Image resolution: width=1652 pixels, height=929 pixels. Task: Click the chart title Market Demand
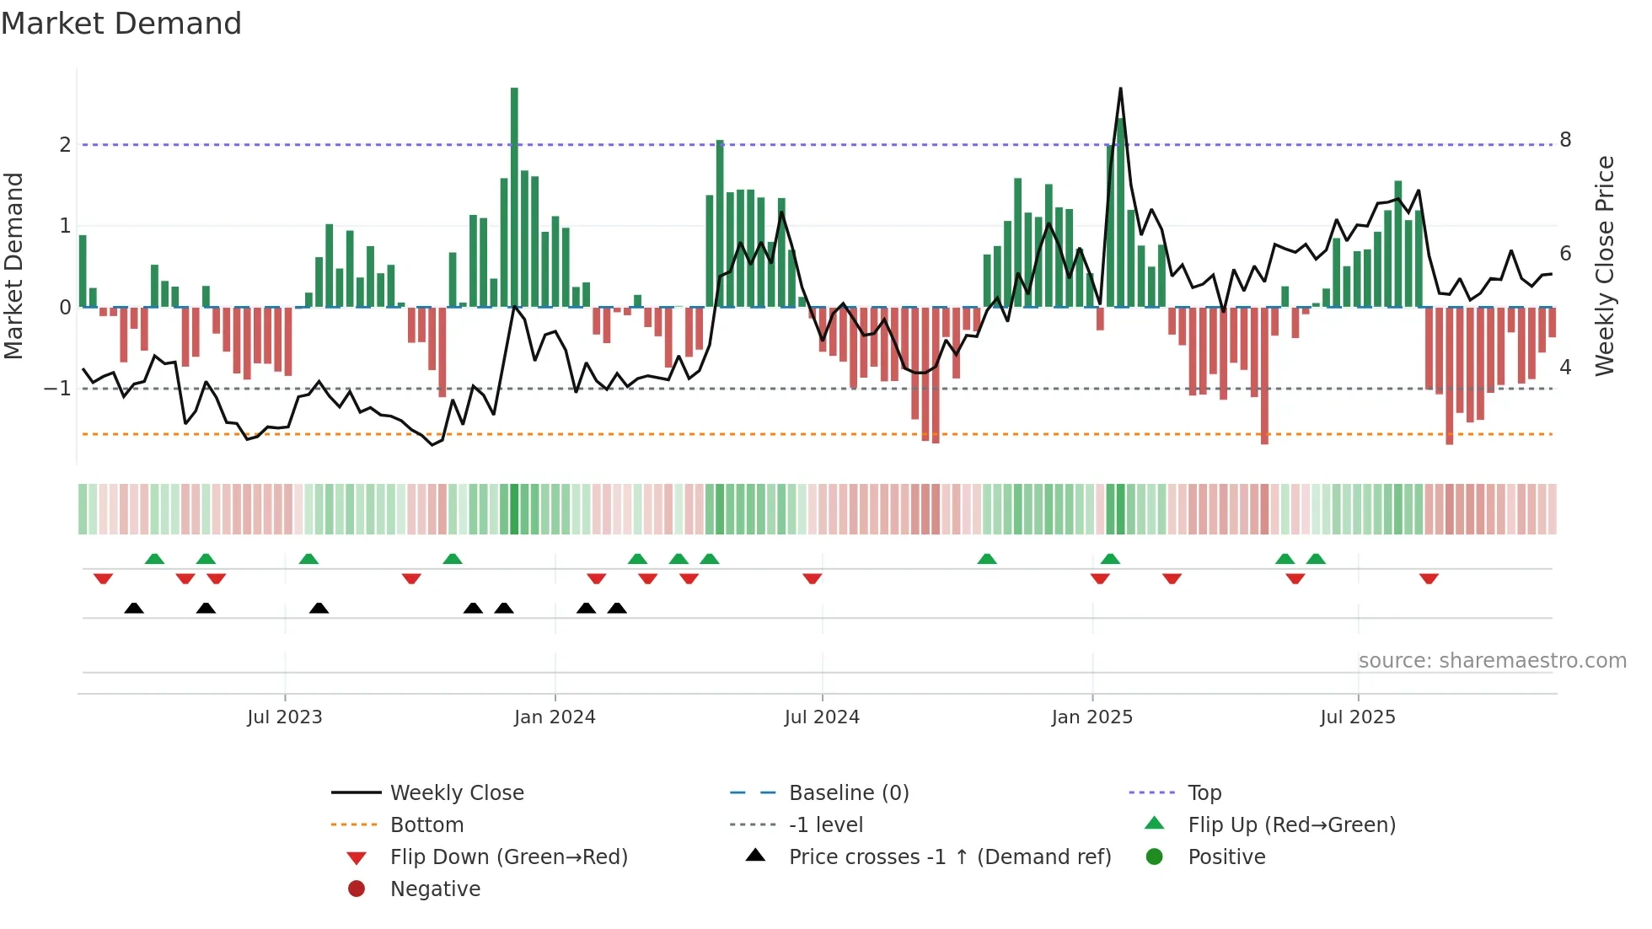coord(121,24)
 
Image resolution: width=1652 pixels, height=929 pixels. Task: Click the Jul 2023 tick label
coord(284,717)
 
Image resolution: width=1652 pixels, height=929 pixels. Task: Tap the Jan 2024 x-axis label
coord(555,717)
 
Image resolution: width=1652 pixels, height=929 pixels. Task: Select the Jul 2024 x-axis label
coord(822,717)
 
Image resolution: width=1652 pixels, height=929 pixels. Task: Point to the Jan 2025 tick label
coord(1091,717)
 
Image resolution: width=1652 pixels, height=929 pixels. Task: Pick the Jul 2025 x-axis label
coord(1358,717)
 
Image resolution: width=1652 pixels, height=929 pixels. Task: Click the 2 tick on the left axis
coord(65,145)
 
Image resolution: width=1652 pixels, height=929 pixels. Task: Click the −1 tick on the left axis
coord(58,389)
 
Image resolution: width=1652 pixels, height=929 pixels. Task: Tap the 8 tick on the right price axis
coord(1565,140)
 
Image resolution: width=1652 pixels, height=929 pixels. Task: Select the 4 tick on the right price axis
coord(1565,368)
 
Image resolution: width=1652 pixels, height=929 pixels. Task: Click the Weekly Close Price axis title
coord(1605,266)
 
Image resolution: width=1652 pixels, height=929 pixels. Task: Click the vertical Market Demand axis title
coord(13,266)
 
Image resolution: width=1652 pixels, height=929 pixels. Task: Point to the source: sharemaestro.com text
coord(1492,661)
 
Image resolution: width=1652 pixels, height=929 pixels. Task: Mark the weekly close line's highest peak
coord(1120,89)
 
